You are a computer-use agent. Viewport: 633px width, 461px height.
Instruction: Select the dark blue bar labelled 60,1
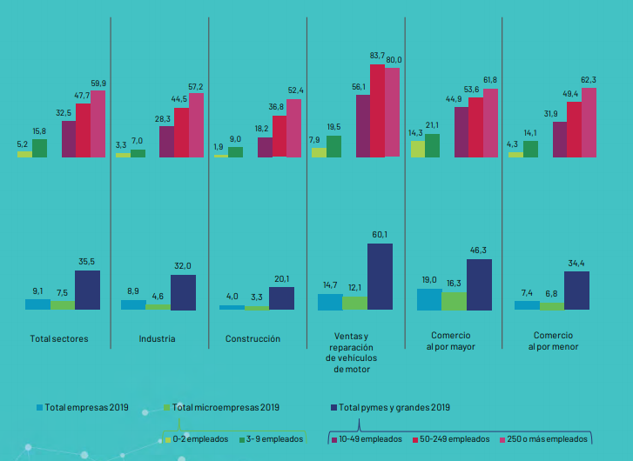pos(380,277)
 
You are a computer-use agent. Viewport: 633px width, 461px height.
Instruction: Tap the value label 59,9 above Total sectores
pos(98,84)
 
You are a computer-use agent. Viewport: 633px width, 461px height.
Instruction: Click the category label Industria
pos(157,338)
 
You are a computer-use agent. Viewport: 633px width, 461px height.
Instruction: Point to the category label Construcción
pos(253,338)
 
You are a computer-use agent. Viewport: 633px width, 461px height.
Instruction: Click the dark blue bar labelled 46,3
pos(479,284)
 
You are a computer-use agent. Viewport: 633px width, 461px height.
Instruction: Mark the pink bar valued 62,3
pos(589,123)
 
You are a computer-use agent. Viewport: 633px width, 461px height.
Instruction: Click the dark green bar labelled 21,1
pos(432,145)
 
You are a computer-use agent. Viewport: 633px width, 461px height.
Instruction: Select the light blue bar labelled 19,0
pos(429,299)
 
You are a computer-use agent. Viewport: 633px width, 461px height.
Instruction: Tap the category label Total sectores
pos(59,338)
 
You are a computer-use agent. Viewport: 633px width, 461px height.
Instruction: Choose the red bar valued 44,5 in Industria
pos(181,132)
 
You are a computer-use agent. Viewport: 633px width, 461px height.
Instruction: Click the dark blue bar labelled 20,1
pos(281,298)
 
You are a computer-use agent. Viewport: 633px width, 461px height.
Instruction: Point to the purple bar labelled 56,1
pos(363,125)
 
